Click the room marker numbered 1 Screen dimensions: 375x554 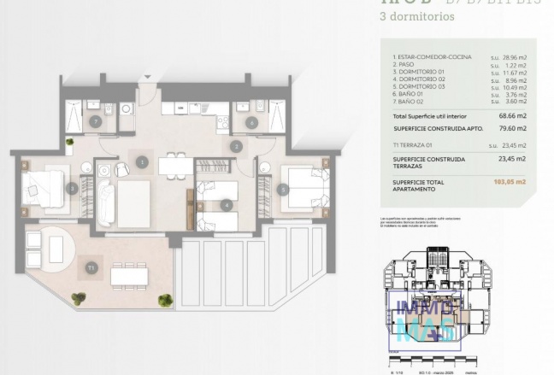(142, 161)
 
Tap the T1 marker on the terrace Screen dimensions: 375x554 (92, 268)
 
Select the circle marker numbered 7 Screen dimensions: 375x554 (96, 122)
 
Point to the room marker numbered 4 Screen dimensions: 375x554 (226, 205)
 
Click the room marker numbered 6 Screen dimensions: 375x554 (251, 122)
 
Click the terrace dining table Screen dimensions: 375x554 (129, 273)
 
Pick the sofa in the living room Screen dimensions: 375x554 (106, 202)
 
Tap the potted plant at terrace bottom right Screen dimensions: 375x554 (165, 300)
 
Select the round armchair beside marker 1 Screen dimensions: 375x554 (123, 169)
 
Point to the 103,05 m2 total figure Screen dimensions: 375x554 (510, 182)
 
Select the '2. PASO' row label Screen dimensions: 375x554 (406, 65)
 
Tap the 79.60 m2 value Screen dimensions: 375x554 (512, 128)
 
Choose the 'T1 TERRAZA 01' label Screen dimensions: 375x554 (415, 144)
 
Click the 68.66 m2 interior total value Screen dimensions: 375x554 (512, 114)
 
